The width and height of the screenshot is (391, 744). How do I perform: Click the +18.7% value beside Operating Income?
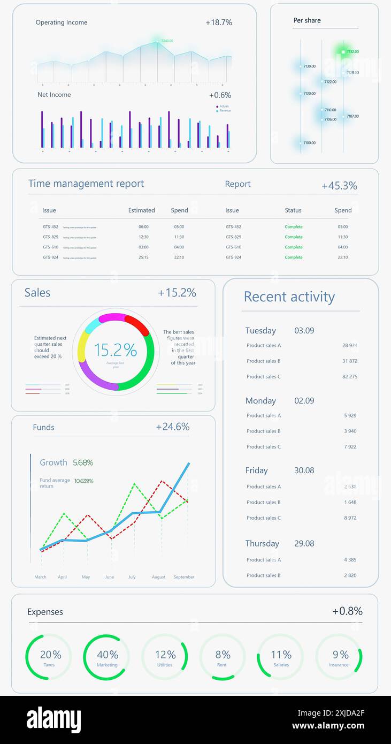219,22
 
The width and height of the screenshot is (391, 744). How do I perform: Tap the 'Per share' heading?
307,20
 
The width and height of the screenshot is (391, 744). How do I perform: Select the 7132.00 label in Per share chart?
352,52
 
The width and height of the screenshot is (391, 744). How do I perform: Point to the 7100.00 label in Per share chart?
309,143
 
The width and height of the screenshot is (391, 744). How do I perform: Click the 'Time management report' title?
86,184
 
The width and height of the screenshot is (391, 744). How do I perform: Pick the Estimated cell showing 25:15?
143,257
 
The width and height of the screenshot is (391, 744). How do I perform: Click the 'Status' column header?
293,210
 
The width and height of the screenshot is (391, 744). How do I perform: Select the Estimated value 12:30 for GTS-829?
143,237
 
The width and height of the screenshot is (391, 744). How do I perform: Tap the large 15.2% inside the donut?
116,350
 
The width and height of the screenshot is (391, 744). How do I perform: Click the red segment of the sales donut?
138,324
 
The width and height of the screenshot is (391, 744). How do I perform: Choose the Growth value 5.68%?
83,462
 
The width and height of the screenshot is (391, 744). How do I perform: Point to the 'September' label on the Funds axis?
184,577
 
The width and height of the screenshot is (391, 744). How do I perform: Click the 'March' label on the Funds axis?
40,577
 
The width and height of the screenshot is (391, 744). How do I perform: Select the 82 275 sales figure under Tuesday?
350,377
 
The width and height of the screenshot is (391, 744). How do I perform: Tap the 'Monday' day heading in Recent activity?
260,401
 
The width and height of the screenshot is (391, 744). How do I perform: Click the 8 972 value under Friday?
350,518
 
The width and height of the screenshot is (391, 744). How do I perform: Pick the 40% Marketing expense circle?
107,657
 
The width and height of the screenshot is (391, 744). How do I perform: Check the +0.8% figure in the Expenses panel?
347,611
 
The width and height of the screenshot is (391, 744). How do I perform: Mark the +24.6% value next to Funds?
173,427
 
